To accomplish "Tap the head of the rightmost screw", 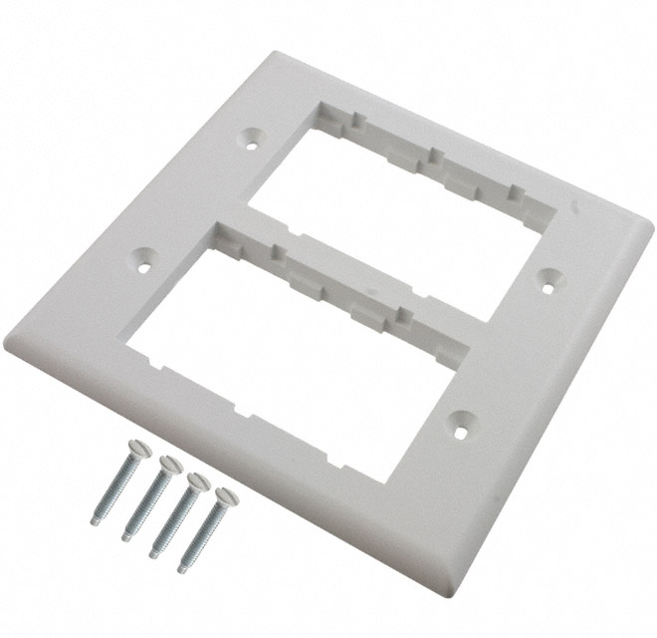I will [x=222, y=490].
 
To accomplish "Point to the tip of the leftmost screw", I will [x=95, y=519].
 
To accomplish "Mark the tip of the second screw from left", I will [x=126, y=537].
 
